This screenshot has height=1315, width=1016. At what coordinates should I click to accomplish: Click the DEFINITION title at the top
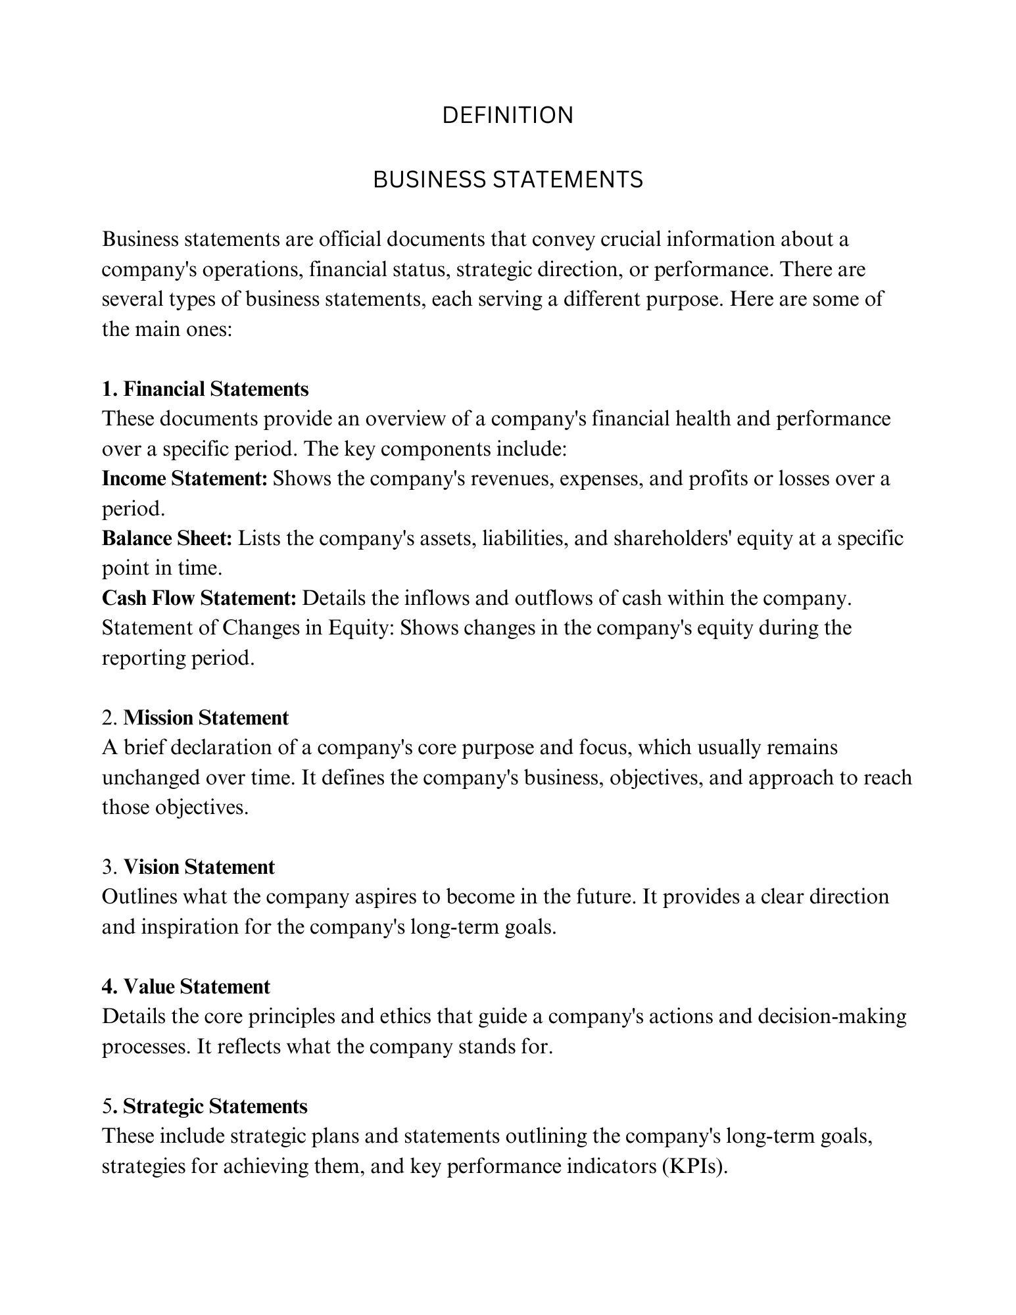(x=508, y=116)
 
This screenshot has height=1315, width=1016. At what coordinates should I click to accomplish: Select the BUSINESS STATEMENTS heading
(x=508, y=179)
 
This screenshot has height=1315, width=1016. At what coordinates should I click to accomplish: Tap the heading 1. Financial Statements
(x=205, y=389)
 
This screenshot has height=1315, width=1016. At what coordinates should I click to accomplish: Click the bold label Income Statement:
(x=185, y=479)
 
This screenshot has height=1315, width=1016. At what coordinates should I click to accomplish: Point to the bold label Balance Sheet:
(x=167, y=538)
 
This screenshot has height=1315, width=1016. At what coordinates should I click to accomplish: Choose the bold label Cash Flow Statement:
(x=200, y=598)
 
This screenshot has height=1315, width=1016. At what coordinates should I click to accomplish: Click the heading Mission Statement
(x=206, y=717)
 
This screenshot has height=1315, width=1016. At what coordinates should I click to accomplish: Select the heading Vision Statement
(x=199, y=867)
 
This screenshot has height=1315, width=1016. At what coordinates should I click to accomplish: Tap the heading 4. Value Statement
(x=186, y=987)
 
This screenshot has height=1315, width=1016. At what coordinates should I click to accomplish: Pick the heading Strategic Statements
(x=215, y=1107)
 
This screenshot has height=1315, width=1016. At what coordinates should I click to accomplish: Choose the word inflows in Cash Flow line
(x=436, y=598)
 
